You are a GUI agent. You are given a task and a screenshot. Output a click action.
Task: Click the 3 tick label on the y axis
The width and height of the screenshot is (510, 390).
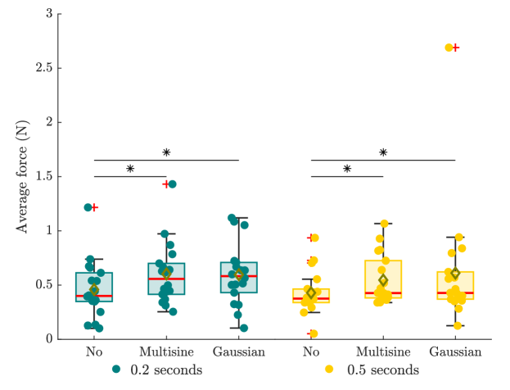coord(49,14)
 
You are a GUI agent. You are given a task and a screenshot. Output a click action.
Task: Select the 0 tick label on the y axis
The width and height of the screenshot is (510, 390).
coord(49,338)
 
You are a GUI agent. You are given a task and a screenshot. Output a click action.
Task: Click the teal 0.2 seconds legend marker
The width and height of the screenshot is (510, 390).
coord(117,370)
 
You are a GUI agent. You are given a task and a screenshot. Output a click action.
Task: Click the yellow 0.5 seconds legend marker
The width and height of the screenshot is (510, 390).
coord(330,370)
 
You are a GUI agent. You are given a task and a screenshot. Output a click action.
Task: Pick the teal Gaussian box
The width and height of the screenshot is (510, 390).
coord(239,278)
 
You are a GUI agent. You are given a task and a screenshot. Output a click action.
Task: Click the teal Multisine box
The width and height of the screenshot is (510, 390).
coord(167,279)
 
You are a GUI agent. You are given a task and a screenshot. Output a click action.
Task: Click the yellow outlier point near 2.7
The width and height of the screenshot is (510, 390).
coord(449,48)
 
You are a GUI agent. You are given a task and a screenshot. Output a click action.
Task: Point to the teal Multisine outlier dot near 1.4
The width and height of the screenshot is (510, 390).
coord(172,184)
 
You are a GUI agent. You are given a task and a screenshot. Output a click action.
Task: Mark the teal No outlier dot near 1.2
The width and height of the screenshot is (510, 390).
coord(88,207)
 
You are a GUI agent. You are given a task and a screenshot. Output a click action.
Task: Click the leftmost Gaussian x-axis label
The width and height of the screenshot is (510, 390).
coord(238,351)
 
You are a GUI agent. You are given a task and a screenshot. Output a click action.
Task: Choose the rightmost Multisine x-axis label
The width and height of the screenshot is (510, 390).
coord(382,351)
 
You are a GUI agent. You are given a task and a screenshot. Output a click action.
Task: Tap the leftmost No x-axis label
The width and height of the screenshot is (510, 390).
coord(94,351)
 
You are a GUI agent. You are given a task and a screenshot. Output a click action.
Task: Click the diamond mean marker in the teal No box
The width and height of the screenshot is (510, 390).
coord(94,289)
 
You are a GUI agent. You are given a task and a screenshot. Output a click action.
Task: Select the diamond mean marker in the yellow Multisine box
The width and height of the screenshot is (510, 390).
coord(383,280)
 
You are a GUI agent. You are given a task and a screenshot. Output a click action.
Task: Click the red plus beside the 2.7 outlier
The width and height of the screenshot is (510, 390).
coord(456,48)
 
